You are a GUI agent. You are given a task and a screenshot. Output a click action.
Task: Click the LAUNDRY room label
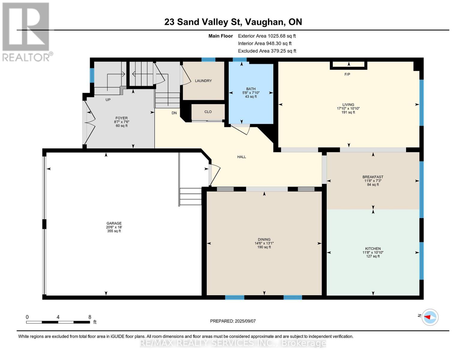click(203, 81)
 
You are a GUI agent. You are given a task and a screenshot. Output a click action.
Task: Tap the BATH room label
click(251, 89)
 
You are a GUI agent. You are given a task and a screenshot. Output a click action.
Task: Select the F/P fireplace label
click(347, 74)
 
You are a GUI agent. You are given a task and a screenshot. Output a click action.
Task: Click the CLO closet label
click(208, 112)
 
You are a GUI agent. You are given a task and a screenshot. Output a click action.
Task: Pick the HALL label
click(242, 157)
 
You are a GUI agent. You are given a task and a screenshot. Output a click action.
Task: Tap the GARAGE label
click(114, 223)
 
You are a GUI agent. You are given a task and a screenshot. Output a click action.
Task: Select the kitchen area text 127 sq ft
click(373, 256)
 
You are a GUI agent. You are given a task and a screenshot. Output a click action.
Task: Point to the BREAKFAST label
click(373, 177)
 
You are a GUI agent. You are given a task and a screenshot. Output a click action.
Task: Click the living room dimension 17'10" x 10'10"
click(348, 109)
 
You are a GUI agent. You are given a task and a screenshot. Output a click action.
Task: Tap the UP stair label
click(108, 100)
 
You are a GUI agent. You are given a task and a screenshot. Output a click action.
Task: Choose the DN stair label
click(174, 113)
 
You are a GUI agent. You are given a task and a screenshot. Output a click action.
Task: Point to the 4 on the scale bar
click(58, 317)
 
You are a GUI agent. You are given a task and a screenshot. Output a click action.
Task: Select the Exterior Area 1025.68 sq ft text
click(267, 36)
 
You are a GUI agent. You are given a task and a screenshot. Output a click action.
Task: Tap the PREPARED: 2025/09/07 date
click(233, 321)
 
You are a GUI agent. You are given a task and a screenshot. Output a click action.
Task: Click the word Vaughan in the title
click(265, 22)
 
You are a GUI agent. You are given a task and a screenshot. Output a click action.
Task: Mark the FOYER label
click(122, 118)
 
